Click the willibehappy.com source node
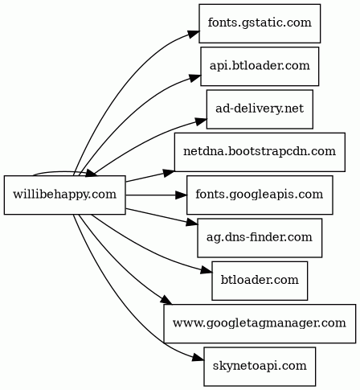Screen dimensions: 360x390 64,195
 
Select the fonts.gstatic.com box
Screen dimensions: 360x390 260,23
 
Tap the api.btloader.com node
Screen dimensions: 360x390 260,66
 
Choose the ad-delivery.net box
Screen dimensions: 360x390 260,109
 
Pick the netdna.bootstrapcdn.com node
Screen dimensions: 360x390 260,152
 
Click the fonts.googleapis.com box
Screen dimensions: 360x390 260,195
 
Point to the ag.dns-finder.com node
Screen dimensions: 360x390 260,238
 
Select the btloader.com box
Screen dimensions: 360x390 260,281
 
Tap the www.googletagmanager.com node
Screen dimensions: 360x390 260,323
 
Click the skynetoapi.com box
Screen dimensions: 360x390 260,367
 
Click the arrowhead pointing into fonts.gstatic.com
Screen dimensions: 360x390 194,35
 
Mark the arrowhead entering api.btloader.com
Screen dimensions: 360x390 195,78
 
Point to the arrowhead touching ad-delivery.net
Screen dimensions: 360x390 201,121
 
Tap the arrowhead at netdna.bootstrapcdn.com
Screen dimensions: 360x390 169,173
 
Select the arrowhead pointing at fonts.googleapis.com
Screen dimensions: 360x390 181,195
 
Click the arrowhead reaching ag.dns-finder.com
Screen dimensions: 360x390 192,223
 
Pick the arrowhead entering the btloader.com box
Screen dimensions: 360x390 207,270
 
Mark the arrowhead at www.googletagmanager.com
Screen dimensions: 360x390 166,300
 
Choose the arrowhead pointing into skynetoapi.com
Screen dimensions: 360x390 198,358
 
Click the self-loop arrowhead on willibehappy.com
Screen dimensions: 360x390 92,174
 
